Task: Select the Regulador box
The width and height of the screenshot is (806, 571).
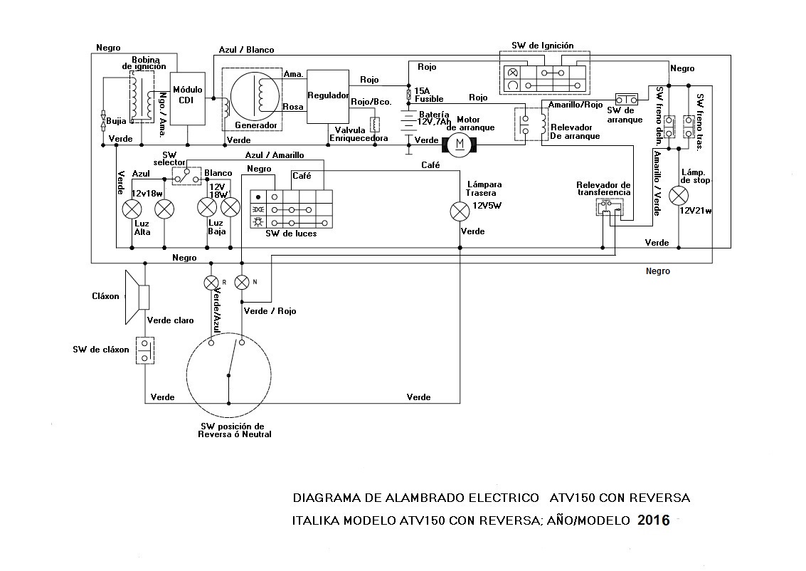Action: coord(327,95)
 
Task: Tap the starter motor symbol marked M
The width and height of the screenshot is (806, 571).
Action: coord(459,145)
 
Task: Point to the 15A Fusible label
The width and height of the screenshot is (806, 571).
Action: coord(429,95)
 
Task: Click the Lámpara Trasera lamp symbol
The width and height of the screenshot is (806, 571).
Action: coord(460,211)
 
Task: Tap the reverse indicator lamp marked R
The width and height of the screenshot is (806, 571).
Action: coord(211,282)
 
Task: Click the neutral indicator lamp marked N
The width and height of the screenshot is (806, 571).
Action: coord(242,282)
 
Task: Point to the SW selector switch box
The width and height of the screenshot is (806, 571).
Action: coord(186,175)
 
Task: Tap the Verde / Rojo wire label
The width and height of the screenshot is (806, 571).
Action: coord(270,311)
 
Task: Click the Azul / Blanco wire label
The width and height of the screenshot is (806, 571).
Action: coord(246,51)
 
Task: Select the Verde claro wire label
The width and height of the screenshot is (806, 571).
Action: coord(170,320)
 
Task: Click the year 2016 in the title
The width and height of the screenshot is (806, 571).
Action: coord(654,520)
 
